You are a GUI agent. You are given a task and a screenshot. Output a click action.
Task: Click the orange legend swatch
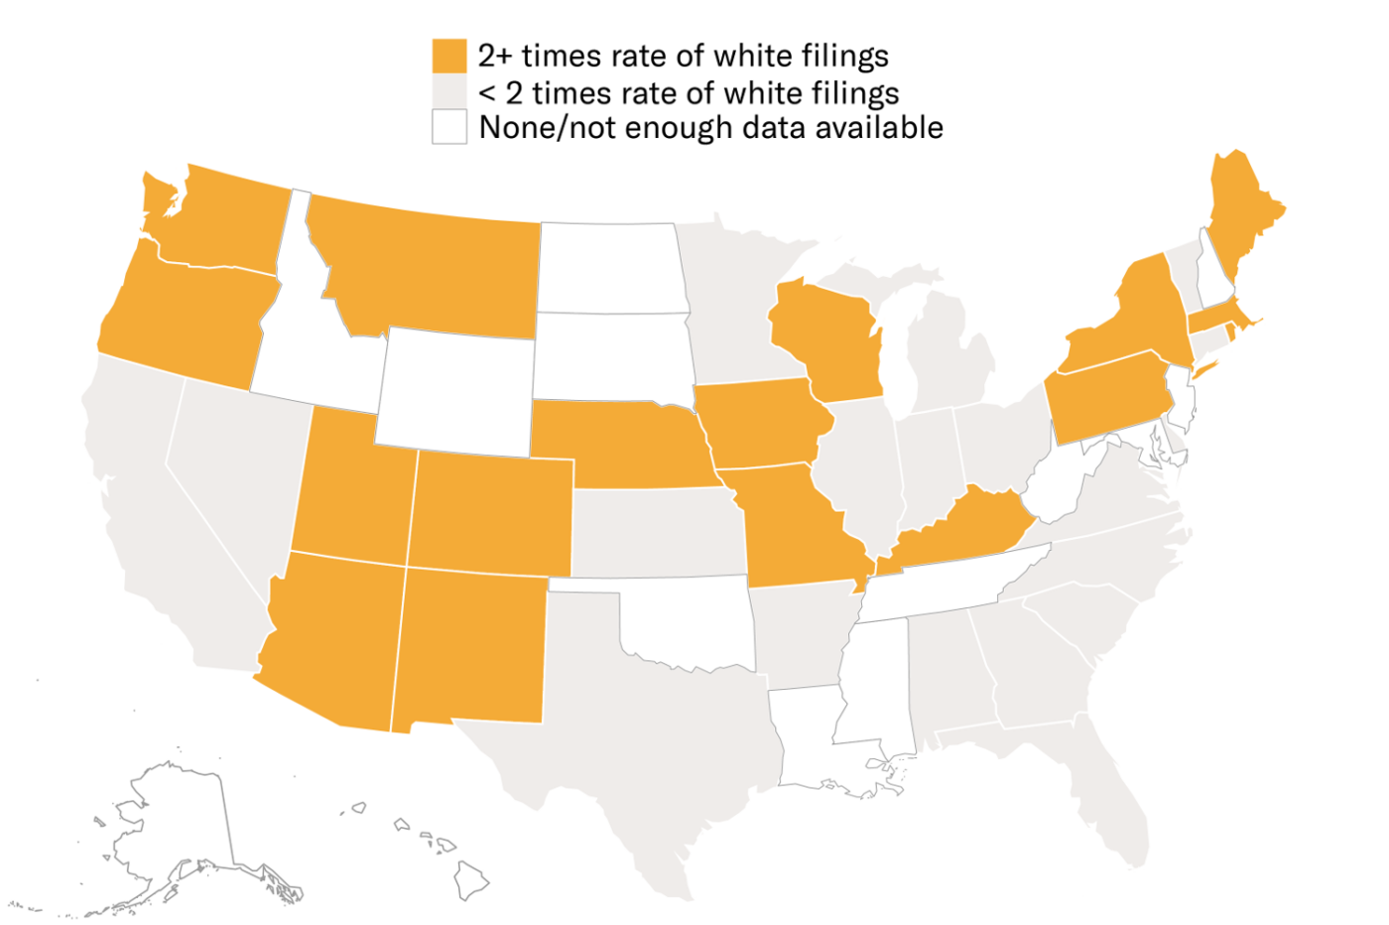click(449, 56)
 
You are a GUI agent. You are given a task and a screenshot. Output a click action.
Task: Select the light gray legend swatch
click(449, 91)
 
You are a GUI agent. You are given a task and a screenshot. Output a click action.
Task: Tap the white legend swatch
click(449, 127)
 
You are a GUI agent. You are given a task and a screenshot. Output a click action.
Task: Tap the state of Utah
click(352, 486)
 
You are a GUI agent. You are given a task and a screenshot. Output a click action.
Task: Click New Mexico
click(471, 645)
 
